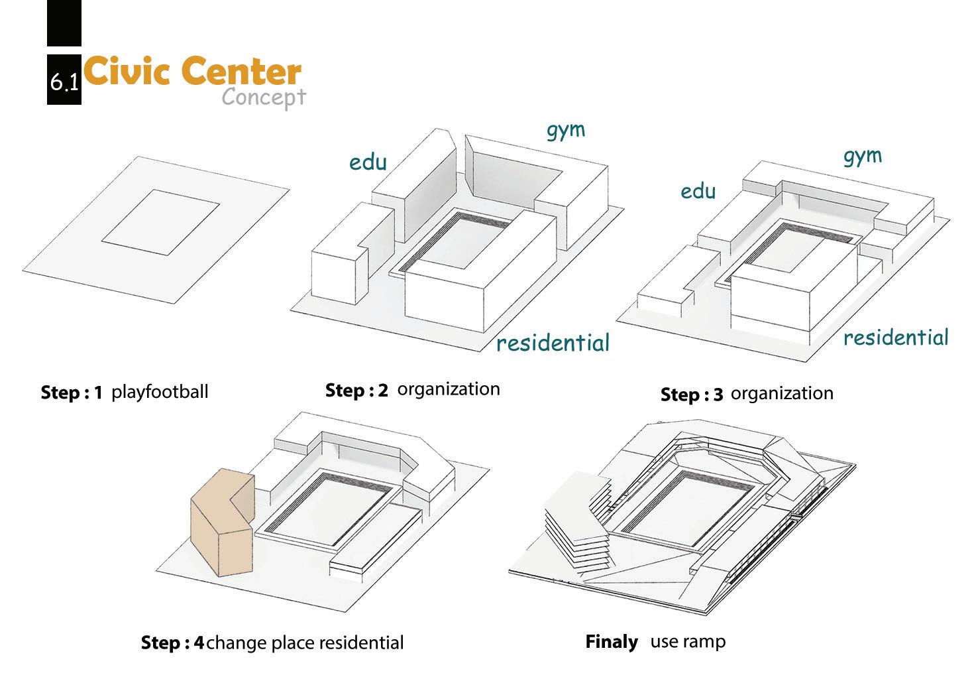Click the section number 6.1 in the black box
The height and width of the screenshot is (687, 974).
coord(64,82)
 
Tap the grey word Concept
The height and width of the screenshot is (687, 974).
coord(263,97)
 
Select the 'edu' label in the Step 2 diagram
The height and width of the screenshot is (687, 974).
coord(368,161)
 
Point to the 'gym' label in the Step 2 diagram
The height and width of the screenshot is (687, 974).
coord(566,130)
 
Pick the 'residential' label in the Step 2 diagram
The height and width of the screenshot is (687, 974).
coord(553,343)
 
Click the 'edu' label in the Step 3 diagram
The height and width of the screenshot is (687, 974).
coord(698,191)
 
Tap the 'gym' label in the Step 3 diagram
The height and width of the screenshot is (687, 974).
coord(863,156)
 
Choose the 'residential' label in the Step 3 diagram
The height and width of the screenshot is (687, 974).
coord(896,338)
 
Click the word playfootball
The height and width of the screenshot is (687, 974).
coord(160,392)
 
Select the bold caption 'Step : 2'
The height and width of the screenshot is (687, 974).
coord(356,390)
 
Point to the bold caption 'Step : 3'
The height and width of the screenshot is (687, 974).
coord(692,395)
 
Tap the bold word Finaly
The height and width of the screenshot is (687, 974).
coord(611,642)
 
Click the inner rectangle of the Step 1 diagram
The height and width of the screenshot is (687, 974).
coord(160,222)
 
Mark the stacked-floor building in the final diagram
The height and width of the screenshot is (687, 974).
coord(576,524)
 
